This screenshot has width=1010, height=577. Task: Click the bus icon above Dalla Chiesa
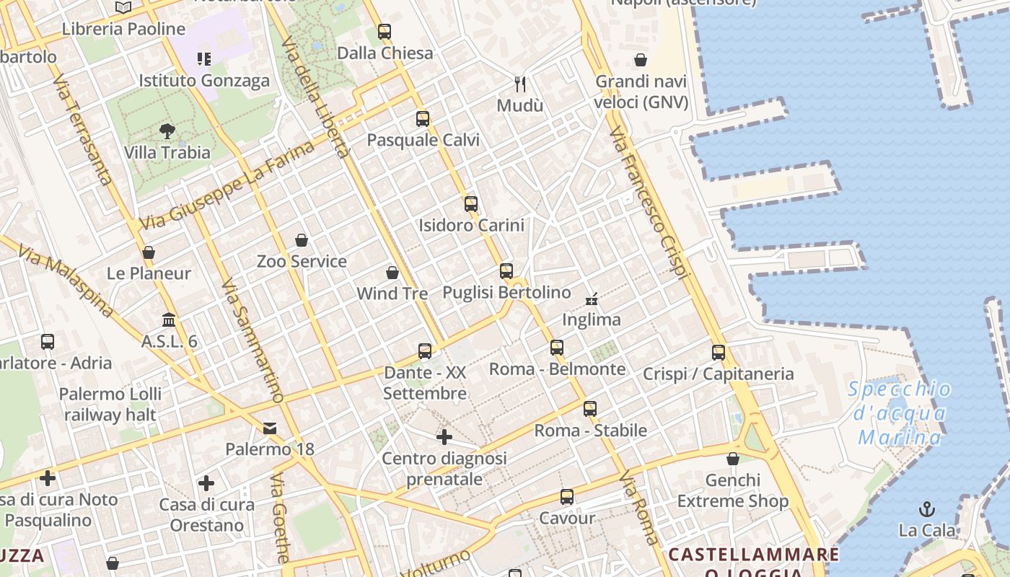tap(385, 32)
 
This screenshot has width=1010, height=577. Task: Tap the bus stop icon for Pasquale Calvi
tap(423, 119)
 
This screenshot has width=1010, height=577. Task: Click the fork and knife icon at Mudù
tap(520, 84)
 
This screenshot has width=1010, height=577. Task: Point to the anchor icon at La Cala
tap(927, 510)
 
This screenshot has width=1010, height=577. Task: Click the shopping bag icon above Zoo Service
tap(302, 240)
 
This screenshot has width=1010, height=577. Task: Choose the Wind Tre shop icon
tap(392, 273)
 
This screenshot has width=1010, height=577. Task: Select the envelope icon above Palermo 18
tap(270, 428)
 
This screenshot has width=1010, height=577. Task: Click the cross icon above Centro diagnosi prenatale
tap(444, 437)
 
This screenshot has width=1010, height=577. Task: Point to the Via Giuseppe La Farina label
tap(227, 185)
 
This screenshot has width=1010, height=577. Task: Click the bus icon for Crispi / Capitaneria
tap(719, 353)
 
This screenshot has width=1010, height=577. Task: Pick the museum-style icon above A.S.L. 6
tap(169, 320)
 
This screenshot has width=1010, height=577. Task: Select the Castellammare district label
tap(753, 555)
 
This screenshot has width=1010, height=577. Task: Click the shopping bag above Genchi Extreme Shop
tap(733, 459)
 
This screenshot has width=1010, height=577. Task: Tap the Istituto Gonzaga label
tap(204, 80)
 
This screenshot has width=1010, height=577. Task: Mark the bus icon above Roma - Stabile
tap(590, 409)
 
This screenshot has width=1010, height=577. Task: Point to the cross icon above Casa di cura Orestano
tap(206, 483)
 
